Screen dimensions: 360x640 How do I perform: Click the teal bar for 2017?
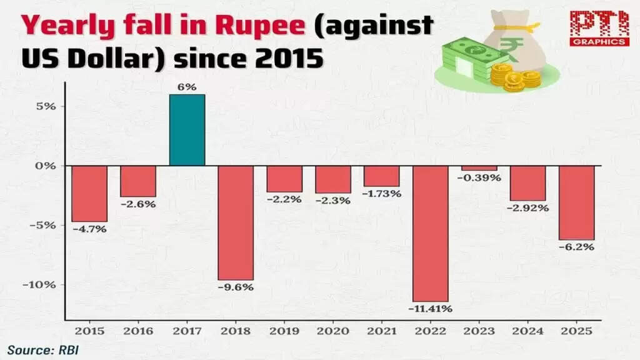click(187, 130)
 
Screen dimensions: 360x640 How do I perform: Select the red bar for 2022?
click(430, 233)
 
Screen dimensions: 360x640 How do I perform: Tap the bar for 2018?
click(236, 222)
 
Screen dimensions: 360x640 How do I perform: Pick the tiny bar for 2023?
click(479, 168)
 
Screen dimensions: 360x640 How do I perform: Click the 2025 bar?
click(576, 202)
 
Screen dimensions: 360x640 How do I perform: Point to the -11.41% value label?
click(430, 309)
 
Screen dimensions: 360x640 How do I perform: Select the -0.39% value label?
click(479, 178)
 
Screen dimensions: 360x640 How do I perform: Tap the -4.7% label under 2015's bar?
click(89, 229)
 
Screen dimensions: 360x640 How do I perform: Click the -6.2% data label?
click(577, 247)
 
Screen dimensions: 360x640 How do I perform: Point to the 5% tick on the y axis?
click(49, 106)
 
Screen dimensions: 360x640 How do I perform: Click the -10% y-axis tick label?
click(44, 285)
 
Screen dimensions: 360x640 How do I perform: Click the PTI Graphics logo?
click(599, 29)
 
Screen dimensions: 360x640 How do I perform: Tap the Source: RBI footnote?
click(44, 349)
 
